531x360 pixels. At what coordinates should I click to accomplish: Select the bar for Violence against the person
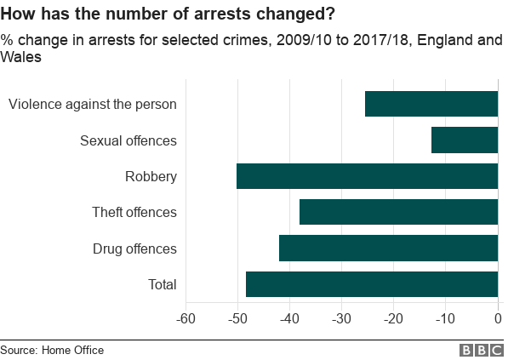(x=431, y=104)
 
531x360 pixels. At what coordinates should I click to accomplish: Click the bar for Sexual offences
(x=464, y=140)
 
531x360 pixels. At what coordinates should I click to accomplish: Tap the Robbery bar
(x=367, y=176)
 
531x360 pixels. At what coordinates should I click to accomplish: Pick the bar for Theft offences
(x=398, y=212)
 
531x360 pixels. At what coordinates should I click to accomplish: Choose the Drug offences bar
(x=388, y=249)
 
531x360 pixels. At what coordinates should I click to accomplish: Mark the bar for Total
(x=371, y=284)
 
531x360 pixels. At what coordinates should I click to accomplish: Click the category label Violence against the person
(x=93, y=105)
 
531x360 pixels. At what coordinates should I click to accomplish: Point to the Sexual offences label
(x=128, y=140)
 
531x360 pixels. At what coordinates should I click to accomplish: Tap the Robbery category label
(x=151, y=177)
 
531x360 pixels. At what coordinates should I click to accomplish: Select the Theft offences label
(x=134, y=213)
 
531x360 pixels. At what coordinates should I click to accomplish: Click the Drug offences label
(x=134, y=249)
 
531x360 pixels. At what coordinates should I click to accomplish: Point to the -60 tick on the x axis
(x=186, y=319)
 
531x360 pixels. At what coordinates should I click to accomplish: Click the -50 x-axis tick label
(x=237, y=319)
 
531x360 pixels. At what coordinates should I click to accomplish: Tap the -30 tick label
(x=341, y=319)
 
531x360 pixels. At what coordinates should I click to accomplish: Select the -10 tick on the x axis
(x=445, y=319)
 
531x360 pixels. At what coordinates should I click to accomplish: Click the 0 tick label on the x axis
(x=499, y=319)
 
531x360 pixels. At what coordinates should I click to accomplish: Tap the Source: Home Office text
(x=52, y=350)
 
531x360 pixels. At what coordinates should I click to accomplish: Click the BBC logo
(x=482, y=350)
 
